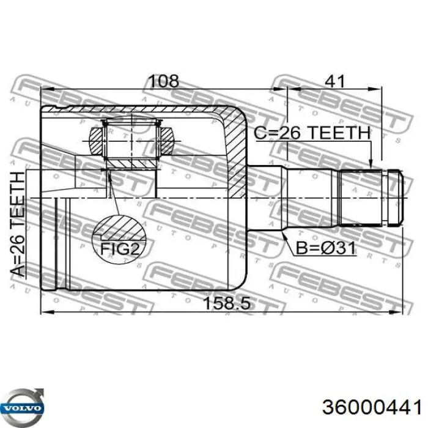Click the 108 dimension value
[164, 81]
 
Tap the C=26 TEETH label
[313, 133]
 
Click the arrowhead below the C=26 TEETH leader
[371, 163]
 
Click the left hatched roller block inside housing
[97, 139]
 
